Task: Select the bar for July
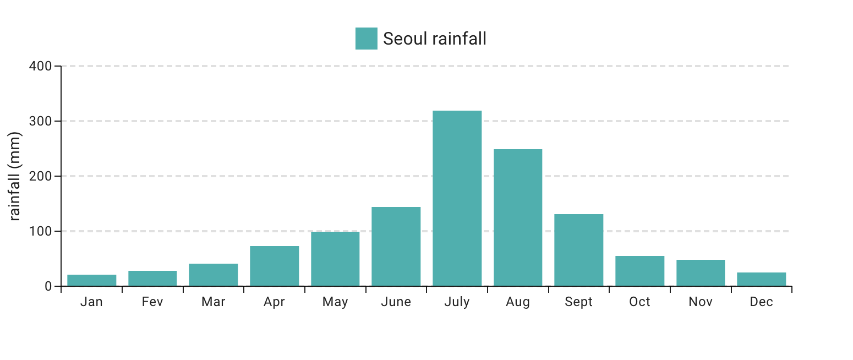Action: click(x=457, y=198)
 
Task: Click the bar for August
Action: click(x=518, y=217)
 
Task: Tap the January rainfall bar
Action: click(x=91, y=280)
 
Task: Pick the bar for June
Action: click(x=396, y=246)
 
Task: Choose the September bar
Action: click(x=578, y=250)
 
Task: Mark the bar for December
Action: click(x=761, y=279)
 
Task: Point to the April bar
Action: click(x=274, y=266)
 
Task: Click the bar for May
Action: click(x=335, y=259)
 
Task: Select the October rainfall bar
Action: click(x=639, y=271)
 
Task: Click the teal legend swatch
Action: click(x=366, y=39)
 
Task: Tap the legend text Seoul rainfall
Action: click(x=434, y=39)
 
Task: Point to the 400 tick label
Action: click(x=40, y=66)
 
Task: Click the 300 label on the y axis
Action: click(x=40, y=121)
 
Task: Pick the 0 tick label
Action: click(x=48, y=286)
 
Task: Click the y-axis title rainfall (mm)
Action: click(x=15, y=176)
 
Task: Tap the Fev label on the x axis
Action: click(x=152, y=302)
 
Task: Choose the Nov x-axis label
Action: click(x=701, y=302)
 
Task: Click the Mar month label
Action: click(x=213, y=302)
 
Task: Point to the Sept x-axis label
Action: click(x=578, y=302)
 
